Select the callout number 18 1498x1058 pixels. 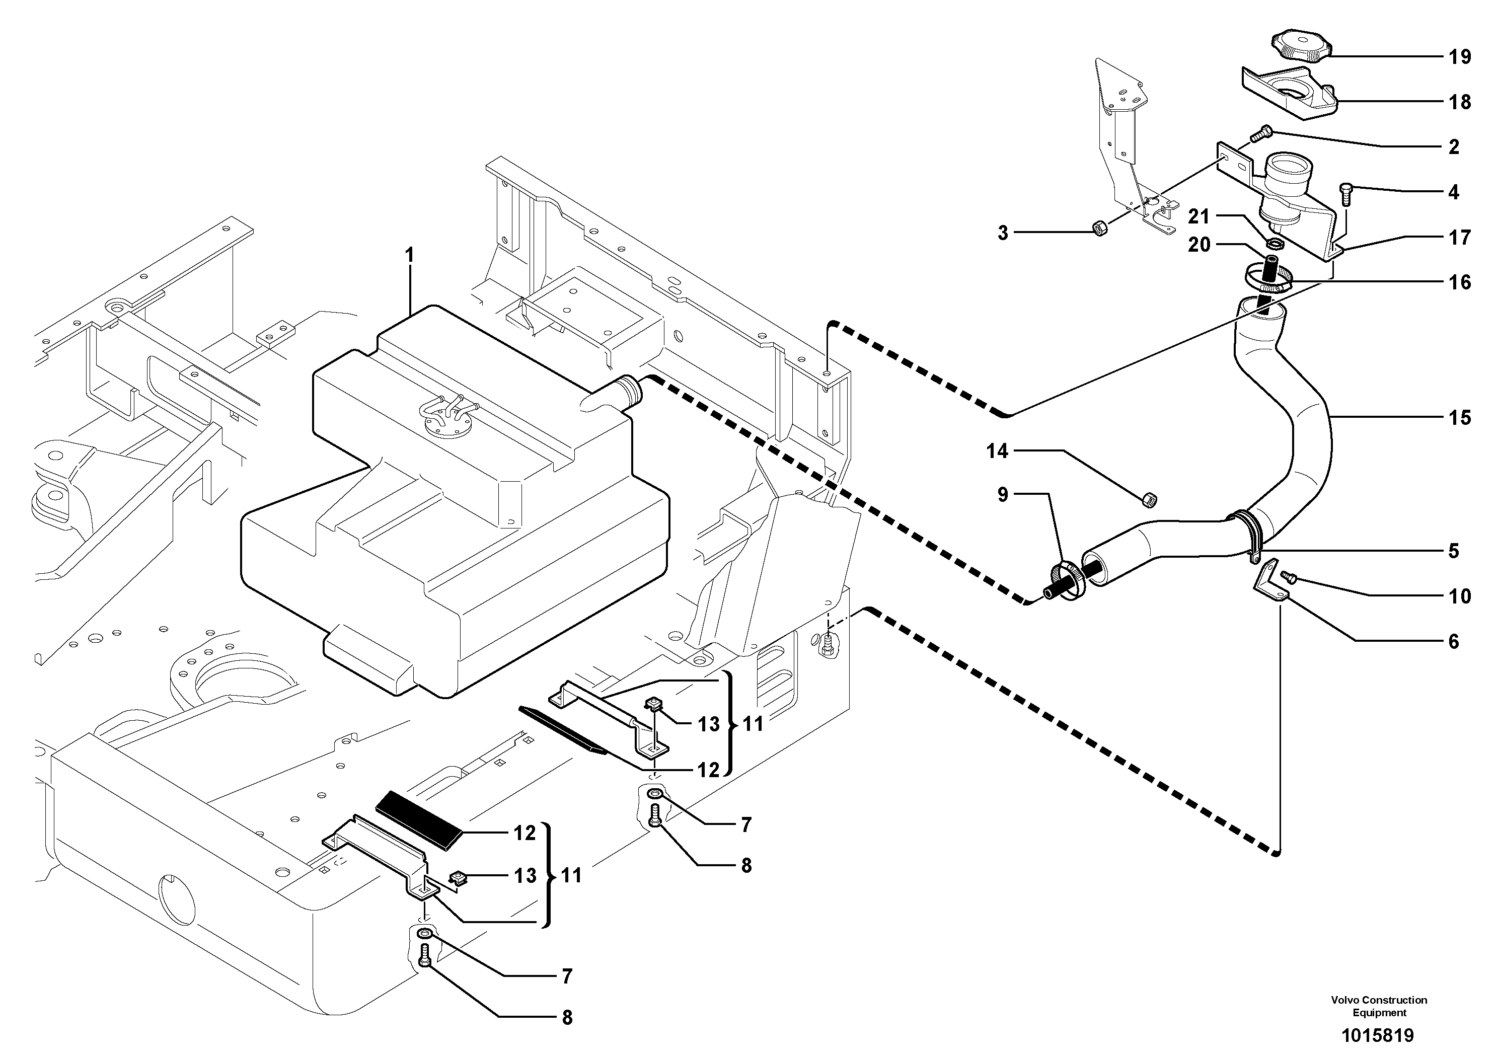point(1460,102)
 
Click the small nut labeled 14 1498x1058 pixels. point(1150,500)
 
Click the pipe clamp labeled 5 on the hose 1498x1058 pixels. point(1249,535)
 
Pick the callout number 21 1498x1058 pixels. point(1199,216)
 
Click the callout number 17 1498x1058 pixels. point(1460,238)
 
